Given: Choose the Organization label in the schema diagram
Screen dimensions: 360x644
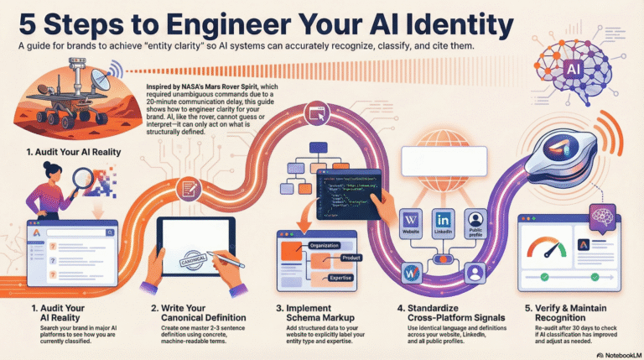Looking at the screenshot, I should tap(319, 245).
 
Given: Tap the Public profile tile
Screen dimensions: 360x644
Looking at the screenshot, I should tap(476, 223).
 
